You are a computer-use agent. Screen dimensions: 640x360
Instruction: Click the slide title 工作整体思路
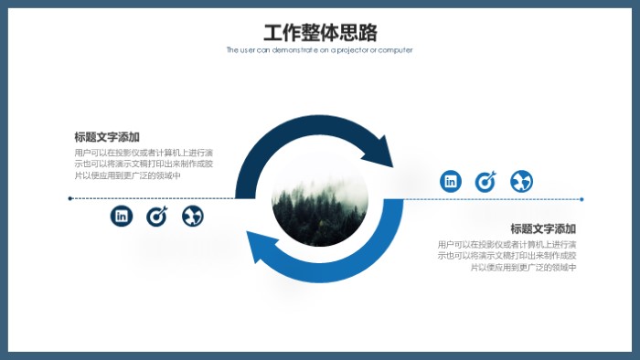[320, 33]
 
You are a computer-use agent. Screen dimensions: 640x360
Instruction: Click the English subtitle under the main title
[320, 50]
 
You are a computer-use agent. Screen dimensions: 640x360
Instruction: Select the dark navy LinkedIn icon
[122, 216]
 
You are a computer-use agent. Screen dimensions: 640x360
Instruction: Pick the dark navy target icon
[157, 216]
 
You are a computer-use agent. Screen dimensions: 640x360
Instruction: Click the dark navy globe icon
[193, 216]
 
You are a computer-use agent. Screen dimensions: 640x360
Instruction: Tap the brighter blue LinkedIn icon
[451, 181]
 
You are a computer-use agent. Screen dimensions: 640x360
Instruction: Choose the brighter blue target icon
[485, 181]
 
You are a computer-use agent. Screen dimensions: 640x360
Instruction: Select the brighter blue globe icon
[521, 181]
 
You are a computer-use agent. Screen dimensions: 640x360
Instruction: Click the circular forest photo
[320, 200]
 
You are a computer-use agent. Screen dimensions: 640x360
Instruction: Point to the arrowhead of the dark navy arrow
[382, 151]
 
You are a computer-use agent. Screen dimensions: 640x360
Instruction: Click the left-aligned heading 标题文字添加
[107, 137]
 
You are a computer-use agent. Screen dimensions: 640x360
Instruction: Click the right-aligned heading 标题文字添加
[543, 228]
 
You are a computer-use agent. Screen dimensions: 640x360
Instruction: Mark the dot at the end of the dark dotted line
[70, 198]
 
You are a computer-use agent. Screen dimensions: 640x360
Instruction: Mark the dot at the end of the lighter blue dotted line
[581, 198]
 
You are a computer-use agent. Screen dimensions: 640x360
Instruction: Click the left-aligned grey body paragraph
[144, 164]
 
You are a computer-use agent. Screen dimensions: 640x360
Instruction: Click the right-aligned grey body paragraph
[507, 256]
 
